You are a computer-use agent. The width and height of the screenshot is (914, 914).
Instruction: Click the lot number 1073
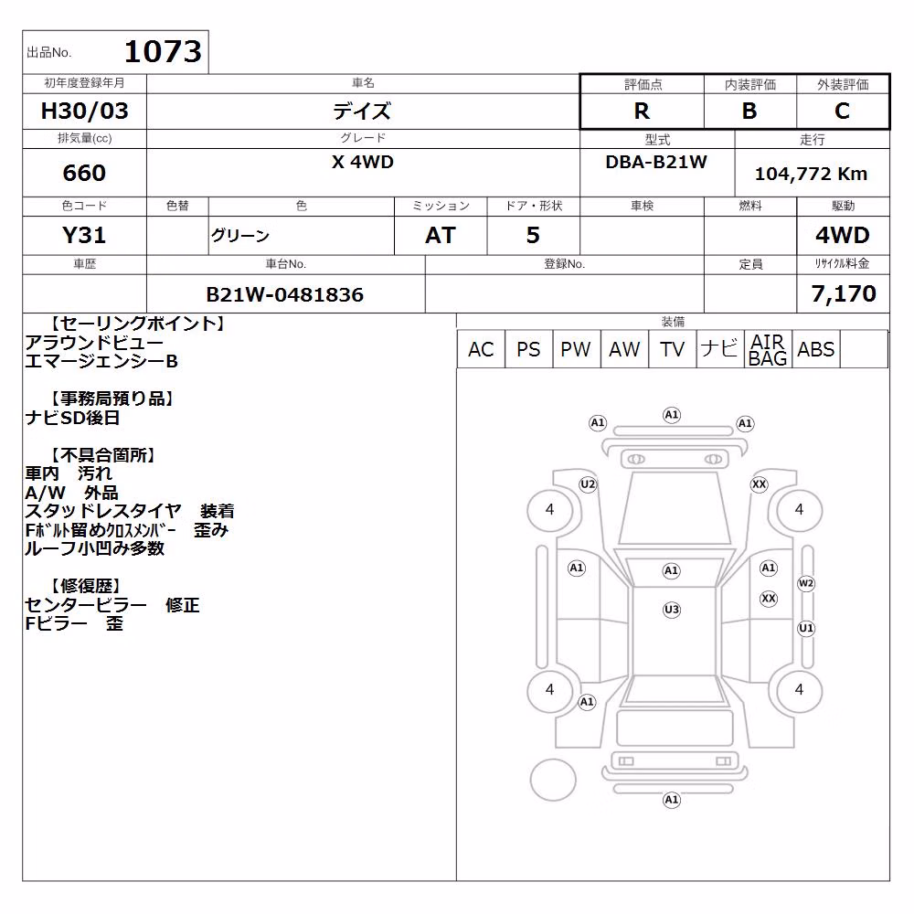pos(163,51)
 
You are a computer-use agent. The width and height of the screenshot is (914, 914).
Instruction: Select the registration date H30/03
pos(84,111)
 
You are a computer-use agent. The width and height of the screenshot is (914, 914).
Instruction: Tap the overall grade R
pos(642,111)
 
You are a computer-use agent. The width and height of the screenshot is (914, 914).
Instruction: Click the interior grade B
pos(749,111)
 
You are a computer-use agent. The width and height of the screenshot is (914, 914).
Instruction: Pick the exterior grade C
pos(843,111)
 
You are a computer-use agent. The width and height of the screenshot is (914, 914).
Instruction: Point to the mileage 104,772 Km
pos(811,173)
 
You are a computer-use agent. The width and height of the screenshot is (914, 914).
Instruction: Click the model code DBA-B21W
pos(656,162)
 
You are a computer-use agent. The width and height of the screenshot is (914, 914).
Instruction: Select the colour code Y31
pos(84,235)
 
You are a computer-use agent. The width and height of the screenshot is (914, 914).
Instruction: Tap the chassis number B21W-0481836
pos(285,294)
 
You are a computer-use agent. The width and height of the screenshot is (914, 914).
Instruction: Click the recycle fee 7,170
pos(844,293)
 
